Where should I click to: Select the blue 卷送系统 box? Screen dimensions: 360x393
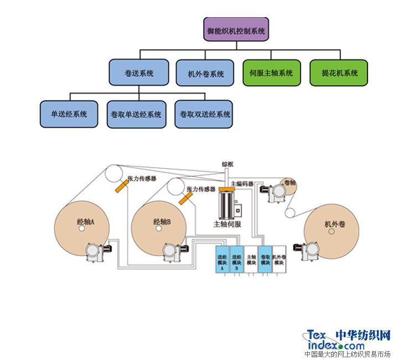point(139,72)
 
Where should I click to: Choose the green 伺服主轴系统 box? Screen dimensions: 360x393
point(271,72)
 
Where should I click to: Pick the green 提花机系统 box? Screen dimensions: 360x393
point(340,72)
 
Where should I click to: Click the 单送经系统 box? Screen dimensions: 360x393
point(69,114)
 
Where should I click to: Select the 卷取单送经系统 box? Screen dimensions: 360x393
point(136,114)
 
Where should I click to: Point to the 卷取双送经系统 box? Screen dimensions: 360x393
point(203,114)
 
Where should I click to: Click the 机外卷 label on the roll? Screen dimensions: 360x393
point(334,225)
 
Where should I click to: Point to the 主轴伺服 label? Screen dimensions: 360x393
point(227,225)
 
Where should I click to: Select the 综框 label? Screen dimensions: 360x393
point(227,164)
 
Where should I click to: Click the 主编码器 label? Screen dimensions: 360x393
point(241,184)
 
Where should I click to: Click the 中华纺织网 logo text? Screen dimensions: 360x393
point(363,335)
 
